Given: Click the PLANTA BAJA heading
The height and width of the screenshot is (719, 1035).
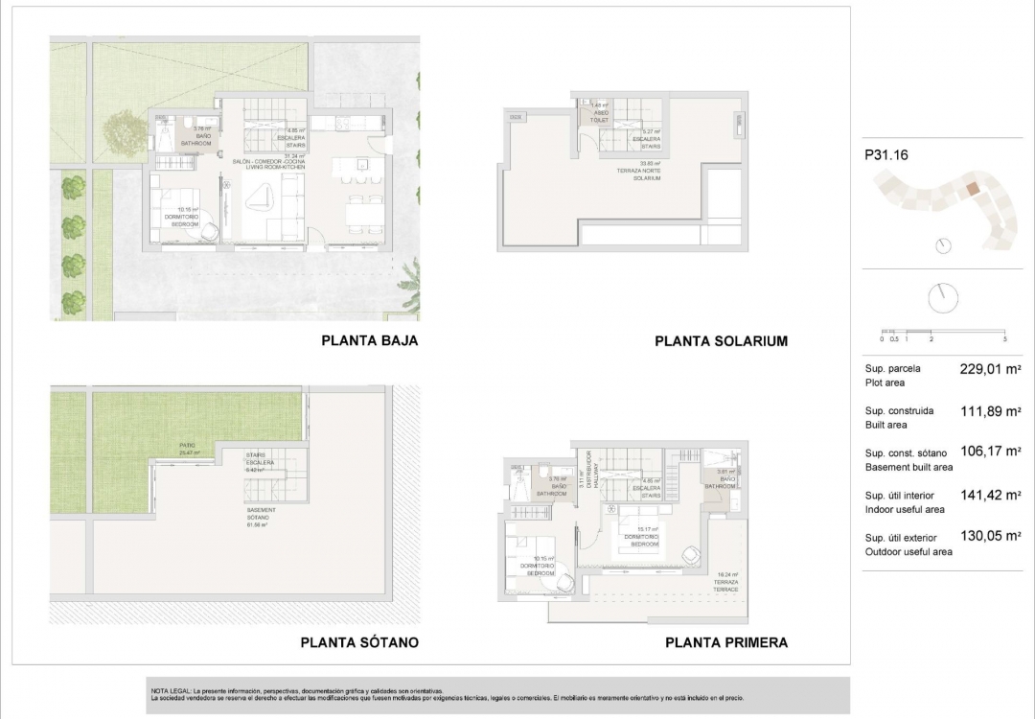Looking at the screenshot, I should tap(369, 340).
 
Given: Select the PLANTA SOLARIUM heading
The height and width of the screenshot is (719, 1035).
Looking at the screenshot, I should tap(721, 341).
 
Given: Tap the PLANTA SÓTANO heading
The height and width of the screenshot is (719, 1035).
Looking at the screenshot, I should tap(359, 642).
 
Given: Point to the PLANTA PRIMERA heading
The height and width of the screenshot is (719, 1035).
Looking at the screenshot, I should tap(725, 642).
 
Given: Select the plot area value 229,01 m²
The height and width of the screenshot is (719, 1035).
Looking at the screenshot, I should tap(990, 368).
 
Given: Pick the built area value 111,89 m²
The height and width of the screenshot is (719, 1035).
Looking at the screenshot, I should tap(990, 411).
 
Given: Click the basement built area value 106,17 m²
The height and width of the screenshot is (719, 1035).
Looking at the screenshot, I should tap(990, 452).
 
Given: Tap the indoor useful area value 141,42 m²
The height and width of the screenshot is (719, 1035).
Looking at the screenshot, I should tap(990, 496).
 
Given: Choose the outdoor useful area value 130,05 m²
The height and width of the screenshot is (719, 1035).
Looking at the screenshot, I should tap(990, 537).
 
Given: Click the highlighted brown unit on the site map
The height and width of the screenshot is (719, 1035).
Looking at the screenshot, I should tap(972, 190).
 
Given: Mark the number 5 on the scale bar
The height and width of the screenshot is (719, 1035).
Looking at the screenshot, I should tap(1003, 339).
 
